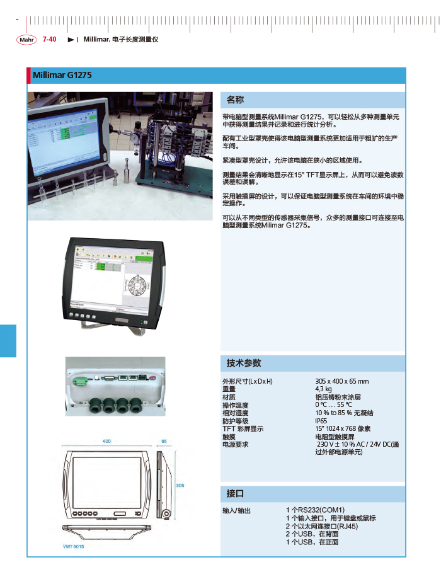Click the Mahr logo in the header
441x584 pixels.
(26, 40)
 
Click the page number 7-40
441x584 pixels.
(50, 40)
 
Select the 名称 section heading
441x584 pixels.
(235, 100)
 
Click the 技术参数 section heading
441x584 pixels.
(243, 364)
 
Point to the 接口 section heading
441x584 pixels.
(235, 493)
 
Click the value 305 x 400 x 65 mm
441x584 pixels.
(341, 382)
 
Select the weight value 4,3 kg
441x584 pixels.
(323, 389)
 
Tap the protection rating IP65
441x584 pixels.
(321, 421)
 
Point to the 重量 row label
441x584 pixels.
(229, 389)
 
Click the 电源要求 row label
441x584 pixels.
(236, 444)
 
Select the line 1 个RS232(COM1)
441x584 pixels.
(315, 510)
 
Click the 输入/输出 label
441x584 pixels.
(237, 510)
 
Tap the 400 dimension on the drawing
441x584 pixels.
(107, 441)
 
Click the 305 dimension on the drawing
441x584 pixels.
(180, 485)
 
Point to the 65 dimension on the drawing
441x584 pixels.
(164, 441)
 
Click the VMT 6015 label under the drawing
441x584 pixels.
(74, 546)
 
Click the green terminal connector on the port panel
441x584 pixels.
(81, 381)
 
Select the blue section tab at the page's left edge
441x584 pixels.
(8, 340)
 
